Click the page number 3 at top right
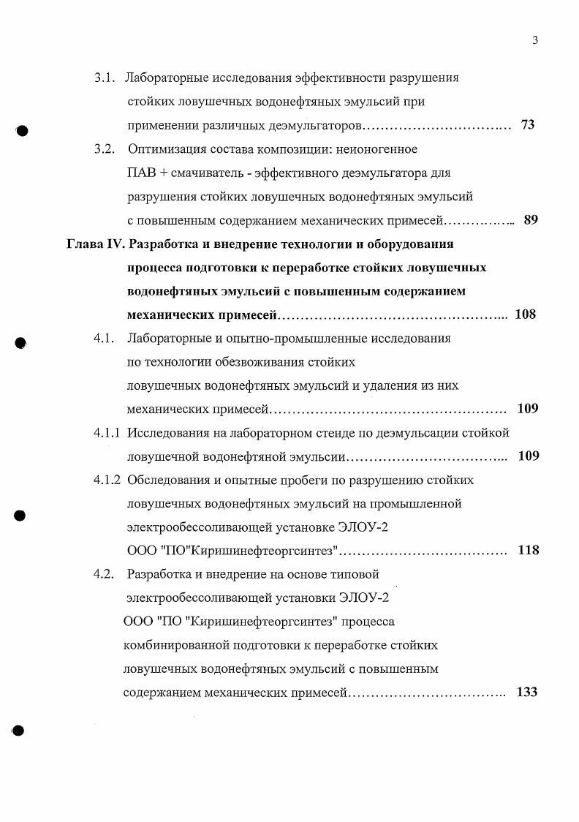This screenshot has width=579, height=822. [x=535, y=40]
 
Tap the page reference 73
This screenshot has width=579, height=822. [x=528, y=125]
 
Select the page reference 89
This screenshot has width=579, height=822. [x=531, y=219]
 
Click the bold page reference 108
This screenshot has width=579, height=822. [x=526, y=314]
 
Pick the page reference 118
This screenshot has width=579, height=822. [x=528, y=550]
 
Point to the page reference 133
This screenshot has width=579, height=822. [x=527, y=692]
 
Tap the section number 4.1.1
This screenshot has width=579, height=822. [x=107, y=433]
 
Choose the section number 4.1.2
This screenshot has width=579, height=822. [x=107, y=480]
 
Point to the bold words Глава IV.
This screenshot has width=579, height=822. [x=99, y=244]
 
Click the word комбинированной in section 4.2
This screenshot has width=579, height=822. [x=175, y=645]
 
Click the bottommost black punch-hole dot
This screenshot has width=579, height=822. [x=20, y=731]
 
